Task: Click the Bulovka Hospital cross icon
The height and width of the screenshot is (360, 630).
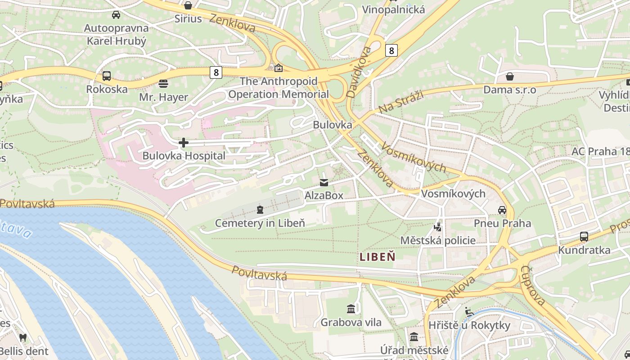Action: coord(184,143)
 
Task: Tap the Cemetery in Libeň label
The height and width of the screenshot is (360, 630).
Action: coord(260,223)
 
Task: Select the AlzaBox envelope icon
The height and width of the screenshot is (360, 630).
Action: coord(324,183)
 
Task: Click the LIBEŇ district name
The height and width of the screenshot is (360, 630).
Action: coord(378,257)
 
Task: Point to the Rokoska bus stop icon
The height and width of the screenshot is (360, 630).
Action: coord(107,76)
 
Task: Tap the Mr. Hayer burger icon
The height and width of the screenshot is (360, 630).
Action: coord(163,84)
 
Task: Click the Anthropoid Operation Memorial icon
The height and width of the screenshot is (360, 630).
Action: coord(279,68)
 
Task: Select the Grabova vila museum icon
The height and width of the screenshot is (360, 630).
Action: coord(351,309)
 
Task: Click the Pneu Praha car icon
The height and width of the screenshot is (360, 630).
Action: coord(502,210)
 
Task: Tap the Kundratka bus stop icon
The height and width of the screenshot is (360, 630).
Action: coord(584,237)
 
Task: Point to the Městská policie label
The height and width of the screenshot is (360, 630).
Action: coord(438,240)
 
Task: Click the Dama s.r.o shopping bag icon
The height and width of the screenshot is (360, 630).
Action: coord(510,76)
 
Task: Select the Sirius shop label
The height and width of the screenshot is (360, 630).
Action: coord(188,19)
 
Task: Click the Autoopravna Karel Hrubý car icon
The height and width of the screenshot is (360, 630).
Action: coord(116,15)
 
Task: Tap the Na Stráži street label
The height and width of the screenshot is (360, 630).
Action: coord(395,102)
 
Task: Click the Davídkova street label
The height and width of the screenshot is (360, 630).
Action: coord(359,72)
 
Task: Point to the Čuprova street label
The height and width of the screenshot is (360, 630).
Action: coord(533,285)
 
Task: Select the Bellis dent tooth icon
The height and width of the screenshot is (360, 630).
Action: coord(23,337)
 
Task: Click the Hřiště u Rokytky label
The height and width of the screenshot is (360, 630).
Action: coord(469,325)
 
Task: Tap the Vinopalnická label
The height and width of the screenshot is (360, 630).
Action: coord(393,9)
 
